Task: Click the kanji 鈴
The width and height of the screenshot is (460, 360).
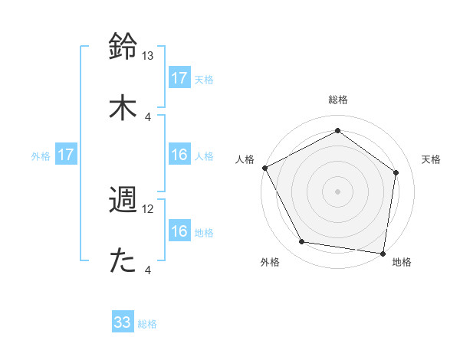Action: point(123,45)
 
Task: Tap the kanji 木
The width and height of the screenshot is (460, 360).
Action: point(123,107)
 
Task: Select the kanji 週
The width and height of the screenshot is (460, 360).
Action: point(123,199)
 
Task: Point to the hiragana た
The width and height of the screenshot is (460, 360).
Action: point(123,261)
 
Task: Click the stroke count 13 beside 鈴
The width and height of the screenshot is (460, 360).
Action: point(148,56)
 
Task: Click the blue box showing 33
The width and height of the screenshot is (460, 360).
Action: point(123,323)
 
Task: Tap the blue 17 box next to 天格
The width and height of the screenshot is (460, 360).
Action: point(179,78)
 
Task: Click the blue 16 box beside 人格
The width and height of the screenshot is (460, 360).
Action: point(179,155)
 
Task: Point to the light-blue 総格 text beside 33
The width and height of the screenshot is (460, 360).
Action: point(147,324)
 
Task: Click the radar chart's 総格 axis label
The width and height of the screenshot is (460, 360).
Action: point(337,100)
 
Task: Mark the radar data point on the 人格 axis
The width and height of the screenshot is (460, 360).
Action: point(264,168)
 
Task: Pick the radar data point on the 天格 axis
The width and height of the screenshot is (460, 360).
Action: point(396,172)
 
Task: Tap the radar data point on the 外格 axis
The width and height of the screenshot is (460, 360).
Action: point(302,242)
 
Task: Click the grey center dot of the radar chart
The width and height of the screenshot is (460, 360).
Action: point(337,191)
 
